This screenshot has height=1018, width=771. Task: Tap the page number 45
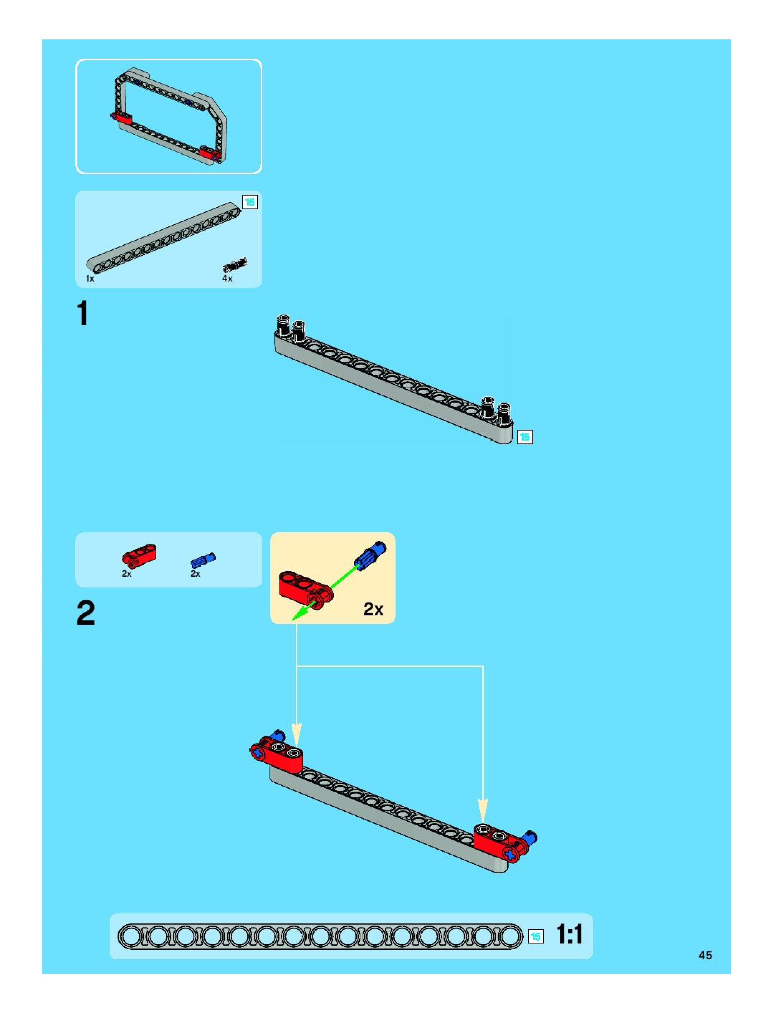(705, 955)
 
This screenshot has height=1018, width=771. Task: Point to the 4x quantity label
(228, 278)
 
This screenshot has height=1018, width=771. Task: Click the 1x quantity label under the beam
(90, 278)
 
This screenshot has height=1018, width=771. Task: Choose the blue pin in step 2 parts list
(202, 560)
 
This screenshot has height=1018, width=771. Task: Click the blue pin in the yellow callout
(370, 554)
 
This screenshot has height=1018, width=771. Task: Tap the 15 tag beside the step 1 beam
(525, 437)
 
